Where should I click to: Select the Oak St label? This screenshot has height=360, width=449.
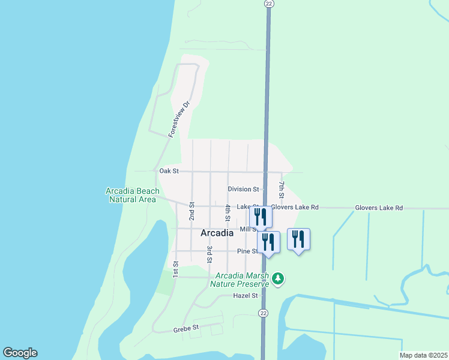169,171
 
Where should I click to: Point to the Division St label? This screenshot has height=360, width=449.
243,189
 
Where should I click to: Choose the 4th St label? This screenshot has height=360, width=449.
228,212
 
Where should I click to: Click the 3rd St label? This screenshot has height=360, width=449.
209,254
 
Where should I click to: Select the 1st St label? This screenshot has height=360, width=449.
176,269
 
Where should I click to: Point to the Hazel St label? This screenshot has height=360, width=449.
246,296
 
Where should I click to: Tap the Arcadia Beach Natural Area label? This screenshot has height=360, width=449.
133,195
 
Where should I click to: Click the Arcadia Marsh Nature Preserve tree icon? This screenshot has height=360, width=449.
277,278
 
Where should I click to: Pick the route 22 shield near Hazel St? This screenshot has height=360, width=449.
264,313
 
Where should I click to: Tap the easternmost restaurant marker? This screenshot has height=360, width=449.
298,239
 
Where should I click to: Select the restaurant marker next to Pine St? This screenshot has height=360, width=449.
268,242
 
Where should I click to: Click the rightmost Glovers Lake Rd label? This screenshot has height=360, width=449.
378,208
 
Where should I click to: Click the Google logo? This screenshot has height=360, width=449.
20,353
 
